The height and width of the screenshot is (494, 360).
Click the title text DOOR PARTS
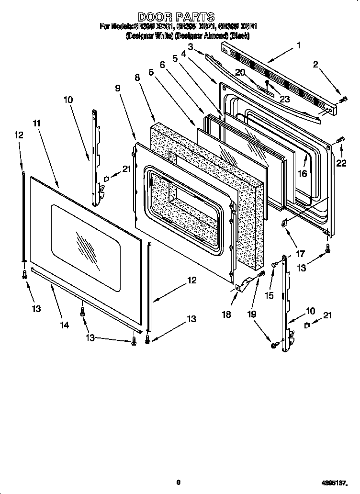click(176, 18)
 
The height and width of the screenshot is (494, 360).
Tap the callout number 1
click(298, 46)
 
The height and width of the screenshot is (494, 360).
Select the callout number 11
click(37, 123)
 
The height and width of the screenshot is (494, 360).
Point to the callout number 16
click(302, 174)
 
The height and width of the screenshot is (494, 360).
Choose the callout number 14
click(64, 325)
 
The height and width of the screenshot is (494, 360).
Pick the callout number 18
click(226, 314)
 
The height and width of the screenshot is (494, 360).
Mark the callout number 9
click(118, 88)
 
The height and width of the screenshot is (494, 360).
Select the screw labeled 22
click(341, 140)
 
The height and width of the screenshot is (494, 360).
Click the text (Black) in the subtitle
click(240, 35)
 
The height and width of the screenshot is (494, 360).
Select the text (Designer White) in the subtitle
click(149, 35)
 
